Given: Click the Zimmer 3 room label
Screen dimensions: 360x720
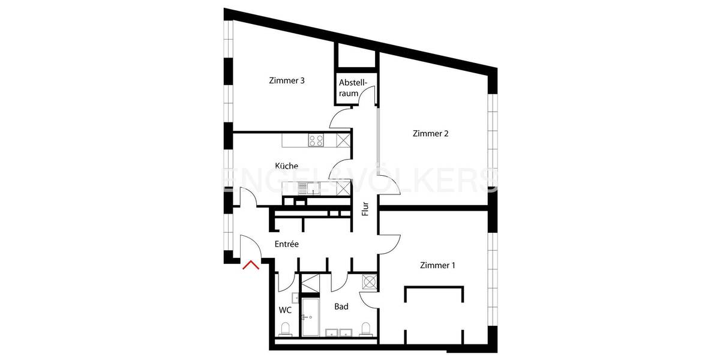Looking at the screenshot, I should pyautogui.click(x=287, y=81).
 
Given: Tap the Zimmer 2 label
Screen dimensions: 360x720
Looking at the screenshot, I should pyautogui.click(x=431, y=134).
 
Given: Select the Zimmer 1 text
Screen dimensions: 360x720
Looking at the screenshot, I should pyautogui.click(x=438, y=265).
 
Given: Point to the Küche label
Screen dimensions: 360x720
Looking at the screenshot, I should pyautogui.click(x=286, y=166).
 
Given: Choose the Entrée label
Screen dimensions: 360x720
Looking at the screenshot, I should pyautogui.click(x=287, y=244).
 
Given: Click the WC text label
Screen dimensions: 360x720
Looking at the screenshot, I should pyautogui.click(x=285, y=310).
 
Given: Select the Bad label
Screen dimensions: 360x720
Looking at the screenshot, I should pyautogui.click(x=341, y=307).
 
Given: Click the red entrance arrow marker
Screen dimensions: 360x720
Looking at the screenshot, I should pyautogui.click(x=251, y=265).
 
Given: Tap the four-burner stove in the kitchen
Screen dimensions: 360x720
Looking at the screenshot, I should pyautogui.click(x=316, y=140).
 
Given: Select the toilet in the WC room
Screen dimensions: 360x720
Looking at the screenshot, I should pyautogui.click(x=286, y=328).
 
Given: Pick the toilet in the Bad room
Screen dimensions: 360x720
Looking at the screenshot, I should pyautogui.click(x=365, y=328).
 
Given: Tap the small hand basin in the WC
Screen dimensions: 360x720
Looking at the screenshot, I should pyautogui.click(x=296, y=298).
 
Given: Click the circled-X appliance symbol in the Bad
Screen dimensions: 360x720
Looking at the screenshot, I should pyautogui.click(x=369, y=281).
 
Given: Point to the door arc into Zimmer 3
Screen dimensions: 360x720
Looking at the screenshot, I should pyautogui.click(x=340, y=117).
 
